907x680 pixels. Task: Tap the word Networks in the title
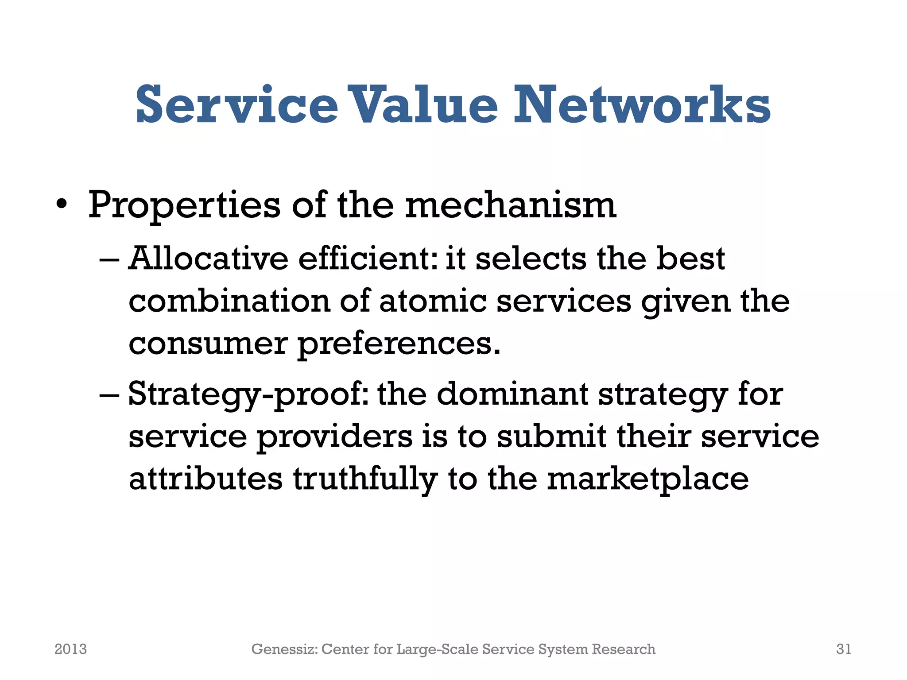tap(642, 105)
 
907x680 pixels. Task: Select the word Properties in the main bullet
tap(184, 205)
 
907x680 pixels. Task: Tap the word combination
tap(229, 301)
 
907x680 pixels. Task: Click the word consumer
tap(208, 344)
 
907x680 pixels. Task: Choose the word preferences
tap(399, 344)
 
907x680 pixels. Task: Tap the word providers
tap(334, 437)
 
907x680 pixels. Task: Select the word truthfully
tap(365, 479)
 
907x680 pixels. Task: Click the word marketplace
tap(648, 479)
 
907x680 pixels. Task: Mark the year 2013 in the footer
tap(71, 649)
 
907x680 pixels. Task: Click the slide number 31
tap(844, 649)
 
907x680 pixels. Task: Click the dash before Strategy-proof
tap(109, 394)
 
